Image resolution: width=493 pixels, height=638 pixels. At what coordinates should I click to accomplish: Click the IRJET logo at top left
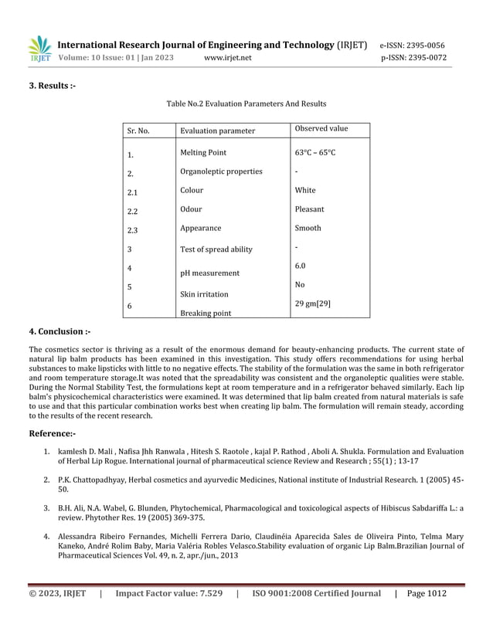(x=39, y=49)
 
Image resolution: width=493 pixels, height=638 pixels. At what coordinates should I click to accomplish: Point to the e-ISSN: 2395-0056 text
(x=413, y=45)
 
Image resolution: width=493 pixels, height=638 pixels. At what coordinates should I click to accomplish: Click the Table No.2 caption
(x=246, y=104)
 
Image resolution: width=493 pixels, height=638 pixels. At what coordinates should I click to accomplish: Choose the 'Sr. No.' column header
(x=138, y=131)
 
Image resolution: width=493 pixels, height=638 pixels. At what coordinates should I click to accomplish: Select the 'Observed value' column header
(x=321, y=128)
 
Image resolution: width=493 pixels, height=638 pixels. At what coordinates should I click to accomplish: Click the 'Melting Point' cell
(x=202, y=153)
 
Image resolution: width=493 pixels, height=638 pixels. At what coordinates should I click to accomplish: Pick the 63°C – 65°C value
(x=315, y=153)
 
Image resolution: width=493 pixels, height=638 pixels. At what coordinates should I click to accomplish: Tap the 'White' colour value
(x=305, y=190)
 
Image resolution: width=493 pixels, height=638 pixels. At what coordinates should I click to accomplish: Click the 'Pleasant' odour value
(x=309, y=209)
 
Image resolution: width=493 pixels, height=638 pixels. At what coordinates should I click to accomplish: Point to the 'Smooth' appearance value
(x=308, y=228)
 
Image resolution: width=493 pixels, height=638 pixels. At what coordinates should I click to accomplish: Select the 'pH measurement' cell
(x=209, y=273)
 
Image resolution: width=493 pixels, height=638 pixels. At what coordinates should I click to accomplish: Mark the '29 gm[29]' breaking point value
(x=313, y=304)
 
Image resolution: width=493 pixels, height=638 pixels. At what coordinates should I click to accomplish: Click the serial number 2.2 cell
(x=132, y=210)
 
